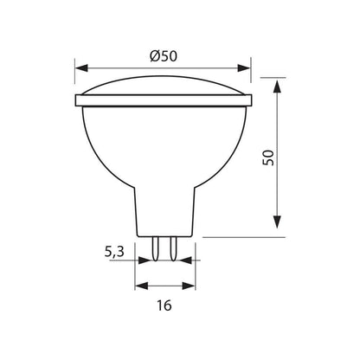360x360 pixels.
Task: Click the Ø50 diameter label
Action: tap(162, 55)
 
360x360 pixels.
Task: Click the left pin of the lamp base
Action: tap(156, 247)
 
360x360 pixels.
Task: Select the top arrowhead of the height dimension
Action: tap(278, 85)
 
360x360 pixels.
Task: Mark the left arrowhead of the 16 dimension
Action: tap(141, 285)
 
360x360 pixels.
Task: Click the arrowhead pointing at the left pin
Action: tap(148, 257)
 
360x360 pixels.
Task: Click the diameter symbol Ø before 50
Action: tap(153, 55)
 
